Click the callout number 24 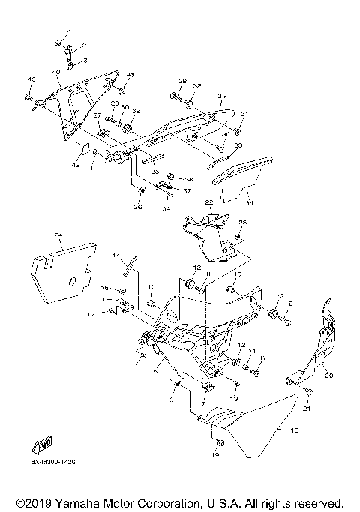58,235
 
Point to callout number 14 116,256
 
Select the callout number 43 31,79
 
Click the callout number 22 210,202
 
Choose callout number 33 238,145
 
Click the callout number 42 76,163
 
